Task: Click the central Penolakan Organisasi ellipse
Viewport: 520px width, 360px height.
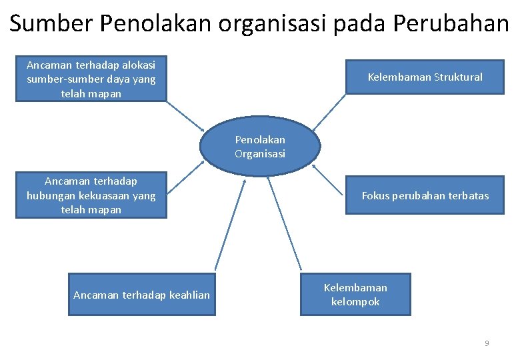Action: coord(260,147)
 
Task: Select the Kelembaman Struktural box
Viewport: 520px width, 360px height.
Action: coord(425,77)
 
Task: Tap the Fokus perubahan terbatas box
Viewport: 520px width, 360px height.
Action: coord(425,195)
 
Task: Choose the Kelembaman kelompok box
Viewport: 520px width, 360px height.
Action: coord(355,294)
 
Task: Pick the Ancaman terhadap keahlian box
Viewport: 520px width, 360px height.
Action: coord(141,295)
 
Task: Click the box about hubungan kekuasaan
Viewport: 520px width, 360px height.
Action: coord(91,195)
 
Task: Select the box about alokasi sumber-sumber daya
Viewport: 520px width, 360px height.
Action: coord(91,79)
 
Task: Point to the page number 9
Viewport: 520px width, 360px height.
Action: coord(487,343)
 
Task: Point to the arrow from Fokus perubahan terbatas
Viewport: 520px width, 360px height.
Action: coord(329,180)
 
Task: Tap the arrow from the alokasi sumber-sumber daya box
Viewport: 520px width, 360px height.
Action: coord(185,115)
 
